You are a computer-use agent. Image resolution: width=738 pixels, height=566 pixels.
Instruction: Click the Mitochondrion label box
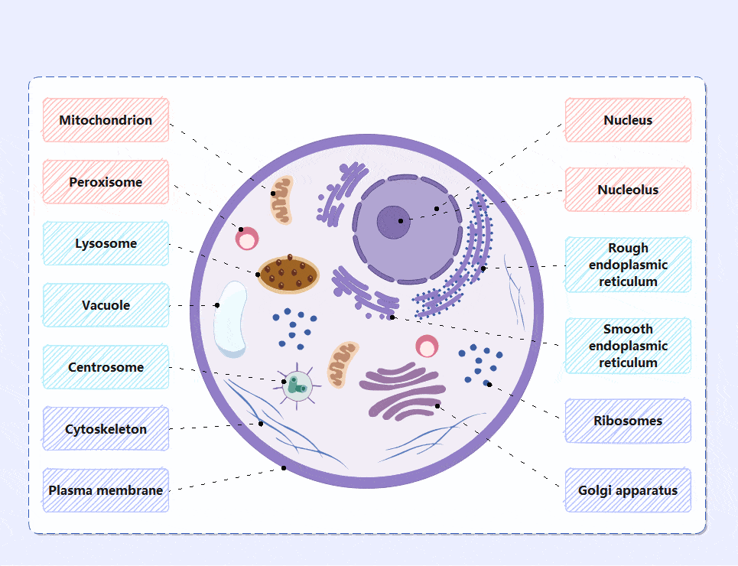(x=106, y=120)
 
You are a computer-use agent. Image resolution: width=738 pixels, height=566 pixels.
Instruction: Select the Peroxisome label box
(x=106, y=182)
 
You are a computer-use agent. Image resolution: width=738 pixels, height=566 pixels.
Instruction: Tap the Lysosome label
(x=106, y=244)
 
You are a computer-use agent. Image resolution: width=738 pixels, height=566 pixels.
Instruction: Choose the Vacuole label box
(x=106, y=305)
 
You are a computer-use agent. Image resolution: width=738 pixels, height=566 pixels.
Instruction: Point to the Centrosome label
(x=106, y=367)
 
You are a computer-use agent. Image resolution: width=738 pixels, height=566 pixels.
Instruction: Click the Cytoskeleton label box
(x=106, y=429)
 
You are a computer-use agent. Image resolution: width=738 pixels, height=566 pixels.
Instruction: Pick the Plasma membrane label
(x=106, y=490)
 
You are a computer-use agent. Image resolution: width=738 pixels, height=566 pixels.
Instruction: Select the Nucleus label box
(x=628, y=120)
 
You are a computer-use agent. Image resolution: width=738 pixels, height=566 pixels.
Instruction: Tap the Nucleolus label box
(x=628, y=190)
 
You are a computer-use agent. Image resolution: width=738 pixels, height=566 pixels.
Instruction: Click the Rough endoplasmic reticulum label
(x=628, y=265)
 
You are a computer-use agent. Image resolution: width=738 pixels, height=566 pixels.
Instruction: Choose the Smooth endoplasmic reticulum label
(x=628, y=346)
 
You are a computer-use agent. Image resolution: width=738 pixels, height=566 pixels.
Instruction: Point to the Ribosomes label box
(x=628, y=421)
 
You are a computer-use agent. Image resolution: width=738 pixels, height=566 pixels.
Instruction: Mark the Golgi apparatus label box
(x=628, y=490)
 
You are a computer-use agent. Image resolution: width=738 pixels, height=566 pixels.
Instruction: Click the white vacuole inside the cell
(x=230, y=320)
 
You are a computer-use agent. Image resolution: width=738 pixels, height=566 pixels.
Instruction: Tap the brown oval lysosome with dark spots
(x=288, y=274)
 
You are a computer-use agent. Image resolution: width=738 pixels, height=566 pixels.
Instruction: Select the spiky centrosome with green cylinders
(x=297, y=385)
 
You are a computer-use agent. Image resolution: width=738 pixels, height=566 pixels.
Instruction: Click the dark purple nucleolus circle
(x=393, y=223)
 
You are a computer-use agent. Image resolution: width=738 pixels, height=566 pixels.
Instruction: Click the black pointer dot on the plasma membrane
(x=284, y=468)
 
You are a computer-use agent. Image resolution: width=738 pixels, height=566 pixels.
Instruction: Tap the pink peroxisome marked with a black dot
(x=247, y=239)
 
